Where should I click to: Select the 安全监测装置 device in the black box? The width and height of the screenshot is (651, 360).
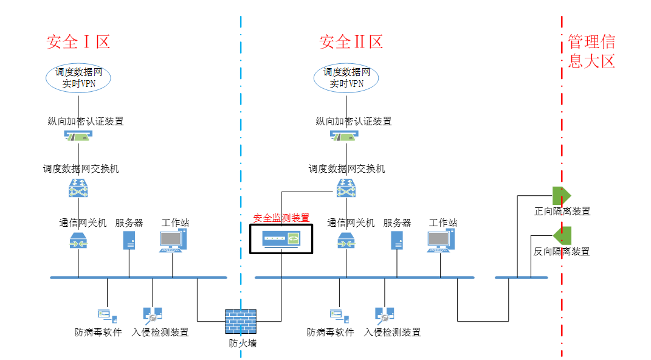click(281, 239)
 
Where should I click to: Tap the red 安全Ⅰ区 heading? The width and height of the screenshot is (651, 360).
click(78, 42)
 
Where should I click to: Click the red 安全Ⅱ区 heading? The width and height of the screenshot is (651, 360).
click(351, 42)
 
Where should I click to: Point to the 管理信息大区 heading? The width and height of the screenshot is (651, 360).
click(591, 51)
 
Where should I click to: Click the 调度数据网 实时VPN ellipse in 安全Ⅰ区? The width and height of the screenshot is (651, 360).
click(78, 78)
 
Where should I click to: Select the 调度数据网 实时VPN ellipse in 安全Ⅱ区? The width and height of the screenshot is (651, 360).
click(346, 78)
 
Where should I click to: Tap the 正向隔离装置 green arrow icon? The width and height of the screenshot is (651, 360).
click(561, 196)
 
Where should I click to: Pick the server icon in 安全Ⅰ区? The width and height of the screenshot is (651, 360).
click(129, 240)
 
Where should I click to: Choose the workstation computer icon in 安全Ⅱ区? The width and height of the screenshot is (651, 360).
click(441, 241)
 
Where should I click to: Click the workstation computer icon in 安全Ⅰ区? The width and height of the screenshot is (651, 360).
click(173, 241)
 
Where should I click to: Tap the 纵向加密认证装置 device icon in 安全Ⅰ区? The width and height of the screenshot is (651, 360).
click(78, 137)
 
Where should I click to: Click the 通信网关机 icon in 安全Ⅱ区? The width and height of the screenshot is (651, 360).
click(346, 241)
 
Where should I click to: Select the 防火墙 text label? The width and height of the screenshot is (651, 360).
click(243, 344)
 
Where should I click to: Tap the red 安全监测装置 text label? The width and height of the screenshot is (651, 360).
click(281, 218)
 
